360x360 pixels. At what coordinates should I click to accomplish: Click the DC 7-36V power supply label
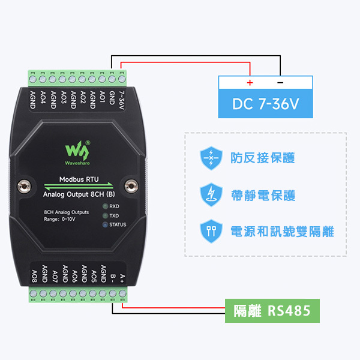click(266, 104)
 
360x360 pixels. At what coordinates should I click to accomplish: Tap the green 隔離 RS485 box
click(272, 311)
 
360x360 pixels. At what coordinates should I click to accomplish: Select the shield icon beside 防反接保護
click(210, 158)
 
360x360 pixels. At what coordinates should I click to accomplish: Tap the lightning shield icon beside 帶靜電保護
click(210, 194)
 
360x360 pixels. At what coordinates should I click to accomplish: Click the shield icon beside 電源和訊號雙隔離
click(210, 231)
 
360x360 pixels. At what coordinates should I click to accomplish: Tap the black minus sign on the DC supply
click(280, 82)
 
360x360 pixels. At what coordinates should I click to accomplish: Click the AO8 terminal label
click(34, 277)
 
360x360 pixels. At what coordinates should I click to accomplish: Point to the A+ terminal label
click(122, 277)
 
